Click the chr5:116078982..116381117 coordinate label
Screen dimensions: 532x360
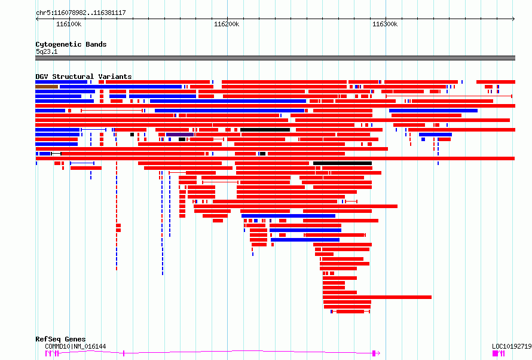tap(81, 13)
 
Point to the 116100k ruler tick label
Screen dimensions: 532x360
tap(69, 24)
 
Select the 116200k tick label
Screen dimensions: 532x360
tap(227, 24)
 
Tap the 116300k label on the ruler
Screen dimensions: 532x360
tap(385, 24)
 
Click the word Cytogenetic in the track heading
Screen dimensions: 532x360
tap(59, 44)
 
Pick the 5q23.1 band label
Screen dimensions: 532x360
tap(47, 51)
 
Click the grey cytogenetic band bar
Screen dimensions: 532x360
tap(275, 58)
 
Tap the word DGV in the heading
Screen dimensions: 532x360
tap(42, 77)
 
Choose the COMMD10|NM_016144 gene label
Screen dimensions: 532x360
tap(75, 346)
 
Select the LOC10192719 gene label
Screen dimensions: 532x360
tap(512, 346)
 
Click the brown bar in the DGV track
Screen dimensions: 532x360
tap(47, 87)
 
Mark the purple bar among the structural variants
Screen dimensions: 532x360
tap(180, 135)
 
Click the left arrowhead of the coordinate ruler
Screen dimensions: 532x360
tap(37, 19)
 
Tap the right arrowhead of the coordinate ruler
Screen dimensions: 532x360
tap(513, 19)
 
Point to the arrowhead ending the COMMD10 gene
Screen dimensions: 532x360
tap(378, 353)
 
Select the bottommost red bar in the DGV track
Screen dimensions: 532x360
tap(350, 312)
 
